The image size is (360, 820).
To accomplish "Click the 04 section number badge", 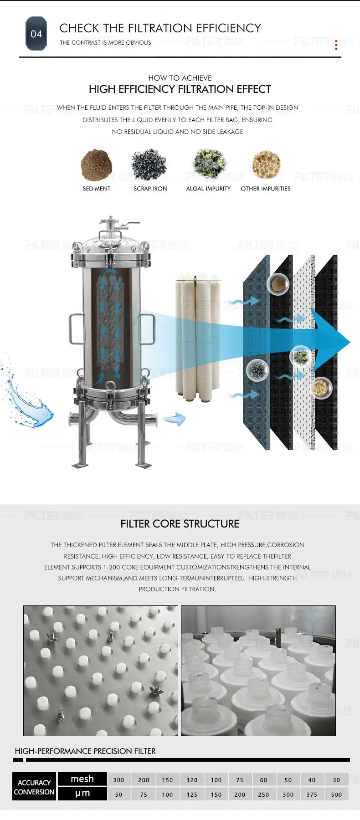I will [36, 34].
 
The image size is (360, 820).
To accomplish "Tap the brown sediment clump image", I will [96, 165].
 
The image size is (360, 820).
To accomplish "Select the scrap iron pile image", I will [149, 164].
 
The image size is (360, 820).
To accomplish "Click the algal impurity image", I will [209, 164].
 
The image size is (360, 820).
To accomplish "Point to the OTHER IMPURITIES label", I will [266, 189].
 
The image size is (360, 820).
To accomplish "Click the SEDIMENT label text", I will [97, 189].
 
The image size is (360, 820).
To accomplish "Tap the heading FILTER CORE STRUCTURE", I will [180, 524].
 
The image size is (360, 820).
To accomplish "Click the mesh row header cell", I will [82, 779].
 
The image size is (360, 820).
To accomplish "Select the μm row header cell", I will [82, 793].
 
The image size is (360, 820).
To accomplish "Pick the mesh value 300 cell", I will [119, 780].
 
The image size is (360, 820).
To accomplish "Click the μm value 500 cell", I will [336, 794].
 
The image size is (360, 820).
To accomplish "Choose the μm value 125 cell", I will [192, 794].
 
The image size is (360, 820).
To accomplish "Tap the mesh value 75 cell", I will [240, 780].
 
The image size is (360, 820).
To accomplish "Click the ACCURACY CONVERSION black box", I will [34, 787].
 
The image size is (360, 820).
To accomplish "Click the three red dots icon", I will [336, 45].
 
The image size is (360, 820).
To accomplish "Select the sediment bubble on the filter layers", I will [278, 284].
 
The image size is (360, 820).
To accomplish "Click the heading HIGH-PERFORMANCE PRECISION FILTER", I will [85, 751].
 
